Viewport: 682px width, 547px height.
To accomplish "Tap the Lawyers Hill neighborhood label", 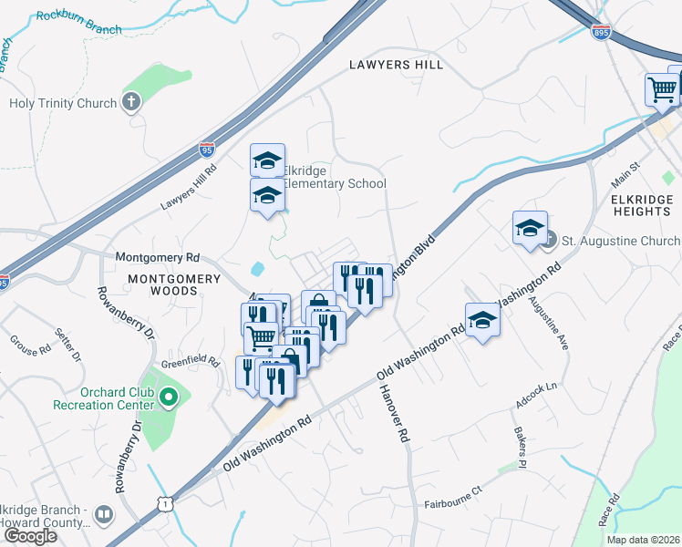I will point(397,65).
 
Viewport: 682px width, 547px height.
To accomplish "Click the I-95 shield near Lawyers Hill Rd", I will point(208,147).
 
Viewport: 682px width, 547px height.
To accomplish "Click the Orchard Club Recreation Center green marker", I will point(168,397).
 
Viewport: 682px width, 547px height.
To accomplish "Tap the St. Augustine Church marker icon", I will point(548,240).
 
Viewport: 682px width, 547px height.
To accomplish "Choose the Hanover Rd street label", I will point(393,413).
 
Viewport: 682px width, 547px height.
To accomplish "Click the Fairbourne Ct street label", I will point(458,503).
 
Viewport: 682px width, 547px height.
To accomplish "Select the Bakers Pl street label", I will point(520,446).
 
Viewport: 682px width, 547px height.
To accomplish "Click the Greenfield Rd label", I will point(191,363).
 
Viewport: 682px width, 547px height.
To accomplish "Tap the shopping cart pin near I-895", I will point(662,89).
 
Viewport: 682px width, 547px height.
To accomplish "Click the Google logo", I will point(30,535).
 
